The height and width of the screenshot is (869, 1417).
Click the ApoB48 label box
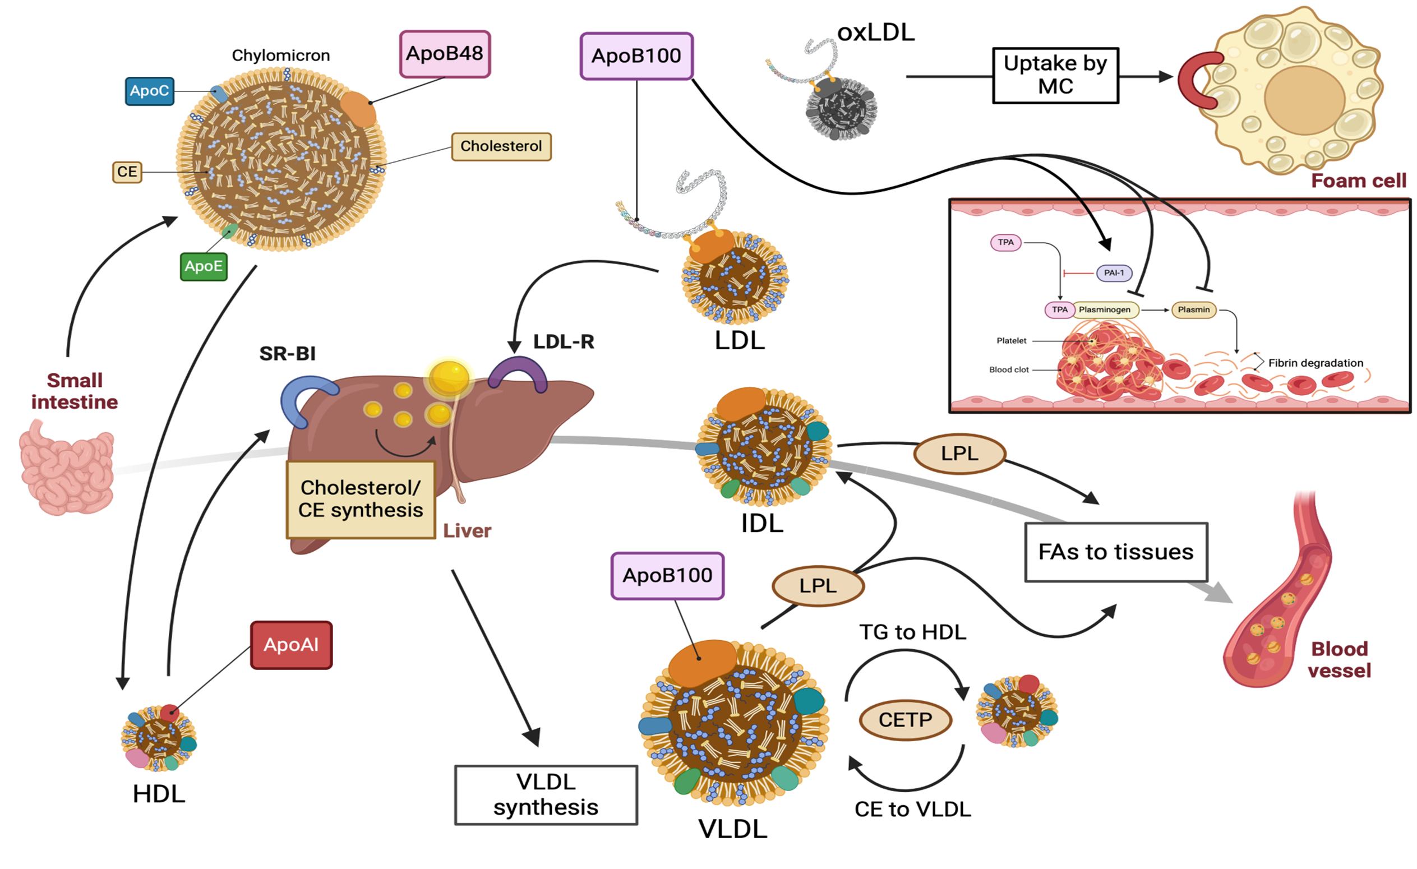click(x=445, y=54)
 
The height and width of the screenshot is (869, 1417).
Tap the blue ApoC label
click(x=150, y=91)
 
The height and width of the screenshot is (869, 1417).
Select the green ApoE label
click(x=204, y=266)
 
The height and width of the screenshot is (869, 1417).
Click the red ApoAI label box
click(x=291, y=645)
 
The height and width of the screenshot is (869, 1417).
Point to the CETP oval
click(x=905, y=719)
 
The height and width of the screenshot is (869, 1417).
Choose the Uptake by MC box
click(x=1055, y=75)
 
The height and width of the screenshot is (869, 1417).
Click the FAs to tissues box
click(x=1116, y=552)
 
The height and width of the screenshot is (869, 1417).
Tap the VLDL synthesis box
click(x=546, y=795)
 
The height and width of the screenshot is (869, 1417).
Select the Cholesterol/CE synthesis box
click(x=361, y=499)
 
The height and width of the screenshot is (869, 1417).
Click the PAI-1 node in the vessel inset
click(x=1114, y=272)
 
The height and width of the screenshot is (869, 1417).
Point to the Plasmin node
click(x=1193, y=309)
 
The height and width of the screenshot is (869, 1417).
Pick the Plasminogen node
click(x=1104, y=309)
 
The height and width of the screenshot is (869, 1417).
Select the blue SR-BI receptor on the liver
click(x=305, y=397)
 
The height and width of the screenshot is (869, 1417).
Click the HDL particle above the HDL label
click(x=158, y=738)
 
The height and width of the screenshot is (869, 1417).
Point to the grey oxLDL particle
click(x=841, y=108)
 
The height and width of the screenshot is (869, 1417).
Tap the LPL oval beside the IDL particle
click(x=959, y=453)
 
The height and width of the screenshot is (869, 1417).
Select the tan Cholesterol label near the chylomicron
click(x=501, y=146)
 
